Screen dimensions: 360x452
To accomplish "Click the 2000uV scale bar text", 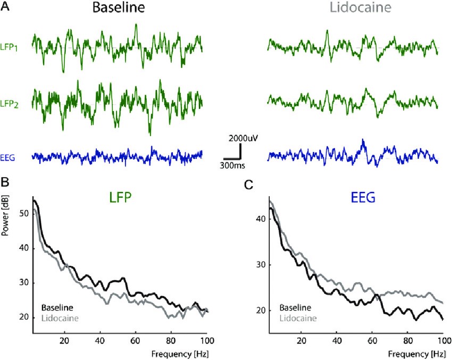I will click(243, 138).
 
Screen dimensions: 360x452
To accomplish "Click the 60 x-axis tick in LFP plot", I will click(135, 340).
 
